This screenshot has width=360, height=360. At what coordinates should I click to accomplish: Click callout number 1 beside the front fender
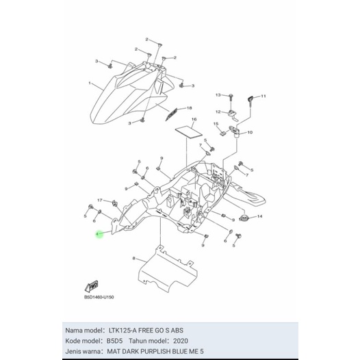pos(90,83)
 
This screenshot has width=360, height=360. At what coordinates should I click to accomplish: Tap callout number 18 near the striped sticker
pos(190,108)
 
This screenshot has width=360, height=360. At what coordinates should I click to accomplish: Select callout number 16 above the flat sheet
pos(194,120)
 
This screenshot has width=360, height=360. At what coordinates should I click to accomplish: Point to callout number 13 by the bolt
pos(218,94)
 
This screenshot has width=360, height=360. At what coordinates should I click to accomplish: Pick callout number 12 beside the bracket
pos(218,112)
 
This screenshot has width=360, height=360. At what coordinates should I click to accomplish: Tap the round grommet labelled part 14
pos(244,218)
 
